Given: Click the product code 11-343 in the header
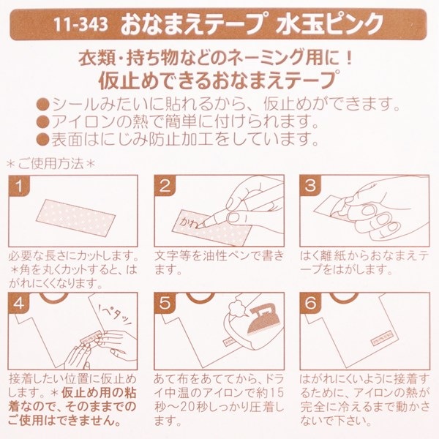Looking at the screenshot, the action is click(80, 24).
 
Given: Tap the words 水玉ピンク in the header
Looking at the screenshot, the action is click(329, 24).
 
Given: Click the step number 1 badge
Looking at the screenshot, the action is click(19, 186).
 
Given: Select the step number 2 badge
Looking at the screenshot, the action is click(165, 186).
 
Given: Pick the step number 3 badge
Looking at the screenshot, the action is click(310, 186).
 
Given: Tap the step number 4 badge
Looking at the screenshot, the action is click(19, 303).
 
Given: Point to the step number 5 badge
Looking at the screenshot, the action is click(165, 303).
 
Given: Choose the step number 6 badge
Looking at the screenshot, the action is click(310, 303).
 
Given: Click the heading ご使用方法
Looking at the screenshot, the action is click(51, 163).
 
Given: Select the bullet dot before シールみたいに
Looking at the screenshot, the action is click(43, 105).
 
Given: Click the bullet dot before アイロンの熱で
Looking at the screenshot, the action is click(43, 121).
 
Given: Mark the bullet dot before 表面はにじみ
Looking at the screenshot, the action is click(43, 139).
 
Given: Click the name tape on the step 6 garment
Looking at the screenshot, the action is click(383, 337).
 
